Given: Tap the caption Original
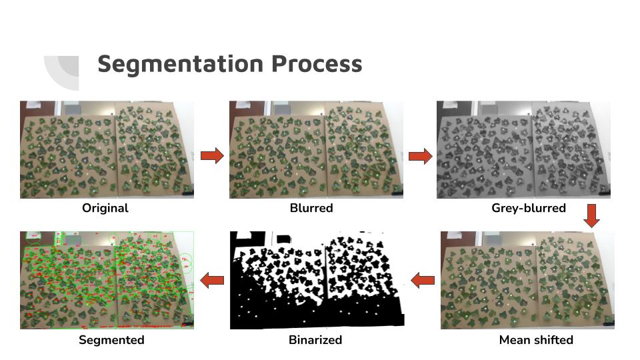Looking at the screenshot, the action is [x=105, y=208].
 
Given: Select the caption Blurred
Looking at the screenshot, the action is [x=311, y=208].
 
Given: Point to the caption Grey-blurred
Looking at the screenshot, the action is [x=529, y=208].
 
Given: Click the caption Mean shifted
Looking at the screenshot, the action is [x=536, y=340].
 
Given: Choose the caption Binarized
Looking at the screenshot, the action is [x=315, y=340].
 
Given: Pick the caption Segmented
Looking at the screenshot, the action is [x=111, y=340].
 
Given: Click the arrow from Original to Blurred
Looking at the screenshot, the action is [x=212, y=156].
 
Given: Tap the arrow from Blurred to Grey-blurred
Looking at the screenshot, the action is [x=420, y=157].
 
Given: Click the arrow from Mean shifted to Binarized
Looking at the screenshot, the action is [x=423, y=281].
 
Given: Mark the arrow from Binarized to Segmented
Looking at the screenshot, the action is [x=212, y=281].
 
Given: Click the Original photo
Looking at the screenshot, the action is [x=107, y=149].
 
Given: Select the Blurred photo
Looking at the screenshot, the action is [x=316, y=149].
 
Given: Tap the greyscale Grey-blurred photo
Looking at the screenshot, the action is [x=523, y=149].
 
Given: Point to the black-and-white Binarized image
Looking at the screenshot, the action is [x=317, y=280].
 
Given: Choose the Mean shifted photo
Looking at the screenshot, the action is [x=527, y=280].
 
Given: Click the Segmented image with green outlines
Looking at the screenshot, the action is [x=107, y=280].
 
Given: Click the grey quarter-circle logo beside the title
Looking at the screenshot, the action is [x=64, y=71].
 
